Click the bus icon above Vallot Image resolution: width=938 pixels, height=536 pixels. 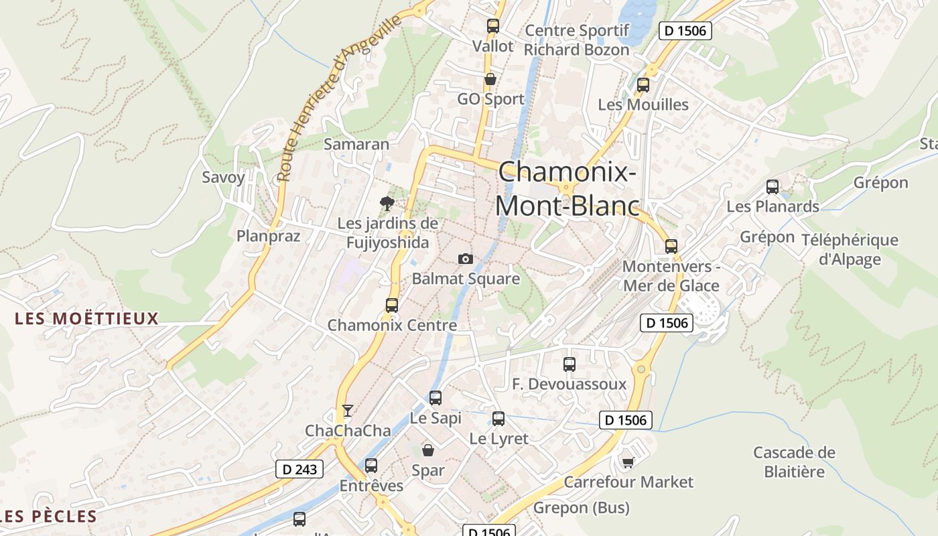point(493,26)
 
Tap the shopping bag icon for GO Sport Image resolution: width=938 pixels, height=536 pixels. point(490,79)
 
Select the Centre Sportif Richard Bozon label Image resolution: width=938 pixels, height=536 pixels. point(576,40)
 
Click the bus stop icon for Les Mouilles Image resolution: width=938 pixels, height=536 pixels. point(643,85)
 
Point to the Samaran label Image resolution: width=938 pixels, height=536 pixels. point(356,144)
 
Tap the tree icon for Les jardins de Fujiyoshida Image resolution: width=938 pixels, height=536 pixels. point(387,204)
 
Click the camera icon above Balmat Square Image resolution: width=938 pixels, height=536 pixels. point(465,259)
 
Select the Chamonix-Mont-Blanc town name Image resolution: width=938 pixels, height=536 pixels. point(567,189)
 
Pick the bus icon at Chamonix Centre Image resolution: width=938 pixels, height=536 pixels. point(392,306)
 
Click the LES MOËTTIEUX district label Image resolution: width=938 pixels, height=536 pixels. point(86,318)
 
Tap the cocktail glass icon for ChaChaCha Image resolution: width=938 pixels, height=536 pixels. point(347,410)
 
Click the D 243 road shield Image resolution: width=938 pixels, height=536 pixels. point(299,469)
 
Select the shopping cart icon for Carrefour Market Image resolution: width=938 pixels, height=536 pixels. point(628,462)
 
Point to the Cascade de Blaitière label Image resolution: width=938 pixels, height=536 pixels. point(794,462)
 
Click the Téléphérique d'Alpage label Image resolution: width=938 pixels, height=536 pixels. point(850,249)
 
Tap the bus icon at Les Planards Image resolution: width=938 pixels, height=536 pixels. point(773,187)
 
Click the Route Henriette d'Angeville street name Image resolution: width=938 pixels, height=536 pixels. point(340,97)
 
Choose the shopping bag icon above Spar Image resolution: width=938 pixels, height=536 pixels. point(427,450)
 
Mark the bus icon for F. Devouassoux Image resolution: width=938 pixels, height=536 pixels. point(569,364)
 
